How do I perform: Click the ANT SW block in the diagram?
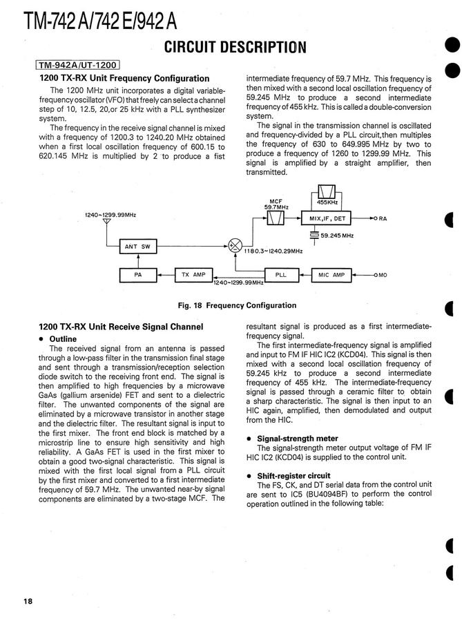pyautogui.click(x=137, y=247)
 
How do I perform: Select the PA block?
pyautogui.click(x=137, y=275)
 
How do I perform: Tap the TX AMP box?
pyautogui.click(x=193, y=275)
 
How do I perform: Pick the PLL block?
pyautogui.click(x=280, y=275)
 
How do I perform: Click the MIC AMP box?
pyautogui.click(x=331, y=275)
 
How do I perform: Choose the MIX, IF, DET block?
pyautogui.click(x=327, y=219)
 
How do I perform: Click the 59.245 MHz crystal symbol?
pyautogui.click(x=315, y=236)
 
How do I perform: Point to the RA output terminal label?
pyautogui.click(x=382, y=220)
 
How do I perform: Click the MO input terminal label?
pyautogui.click(x=381, y=276)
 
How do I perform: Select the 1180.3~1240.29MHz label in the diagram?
pyautogui.click(x=273, y=251)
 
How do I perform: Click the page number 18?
pyautogui.click(x=27, y=601)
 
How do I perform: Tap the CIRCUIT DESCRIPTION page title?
pyautogui.click(x=234, y=47)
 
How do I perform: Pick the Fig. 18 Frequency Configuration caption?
pyautogui.click(x=237, y=305)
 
